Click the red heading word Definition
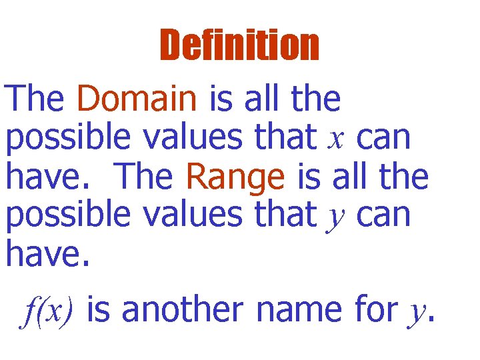pos(239,46)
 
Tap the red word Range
pos(235,177)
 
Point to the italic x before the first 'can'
pos(336,139)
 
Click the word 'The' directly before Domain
pos(35,100)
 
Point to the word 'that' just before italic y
pos(285,215)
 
